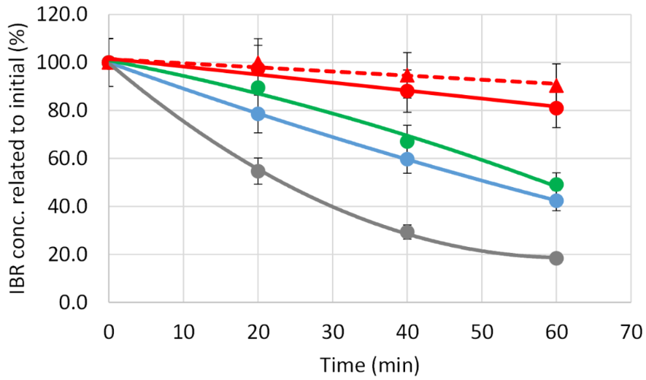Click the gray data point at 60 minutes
(556, 258)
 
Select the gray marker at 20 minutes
(258, 171)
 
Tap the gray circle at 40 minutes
(407, 232)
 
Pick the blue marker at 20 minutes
(258, 114)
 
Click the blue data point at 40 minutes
(407, 159)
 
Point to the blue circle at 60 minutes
(556, 200)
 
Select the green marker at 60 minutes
(556, 185)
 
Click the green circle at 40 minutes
(407, 141)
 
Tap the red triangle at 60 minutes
(556, 85)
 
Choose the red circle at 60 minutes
(556, 108)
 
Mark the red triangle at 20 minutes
(258, 64)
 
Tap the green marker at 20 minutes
(258, 88)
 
